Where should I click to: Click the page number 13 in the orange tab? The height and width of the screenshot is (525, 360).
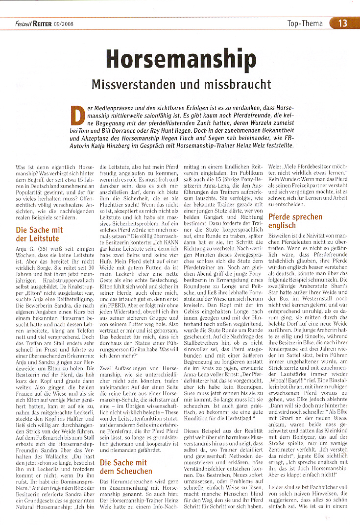(x=342, y=23)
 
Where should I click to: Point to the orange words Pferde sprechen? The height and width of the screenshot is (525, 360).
(x=295, y=216)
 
